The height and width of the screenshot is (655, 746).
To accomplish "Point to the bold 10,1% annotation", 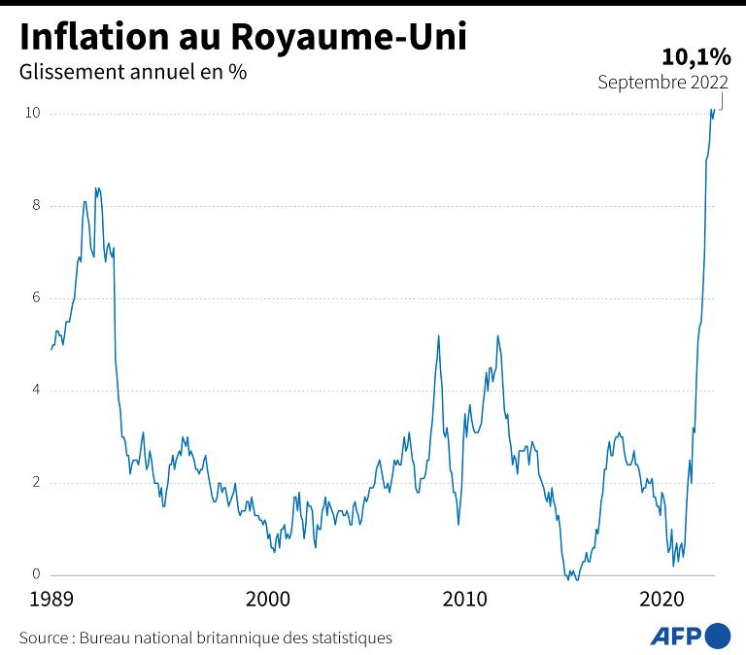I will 696,56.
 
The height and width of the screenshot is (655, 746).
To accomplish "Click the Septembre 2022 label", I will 663,83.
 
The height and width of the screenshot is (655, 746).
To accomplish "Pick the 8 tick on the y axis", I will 35,206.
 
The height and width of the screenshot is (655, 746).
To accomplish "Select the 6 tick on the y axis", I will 35,298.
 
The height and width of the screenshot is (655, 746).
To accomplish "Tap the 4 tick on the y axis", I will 35,391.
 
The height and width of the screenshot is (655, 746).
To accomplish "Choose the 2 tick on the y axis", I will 35,483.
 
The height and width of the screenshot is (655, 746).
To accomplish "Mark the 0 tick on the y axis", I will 35,575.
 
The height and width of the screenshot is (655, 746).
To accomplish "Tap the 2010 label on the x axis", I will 465,598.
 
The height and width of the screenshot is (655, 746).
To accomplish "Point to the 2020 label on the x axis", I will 663,598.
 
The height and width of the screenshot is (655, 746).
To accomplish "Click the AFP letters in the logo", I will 675,637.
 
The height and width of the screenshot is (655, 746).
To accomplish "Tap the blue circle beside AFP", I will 718,637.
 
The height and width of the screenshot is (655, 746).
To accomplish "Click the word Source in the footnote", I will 43,638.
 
